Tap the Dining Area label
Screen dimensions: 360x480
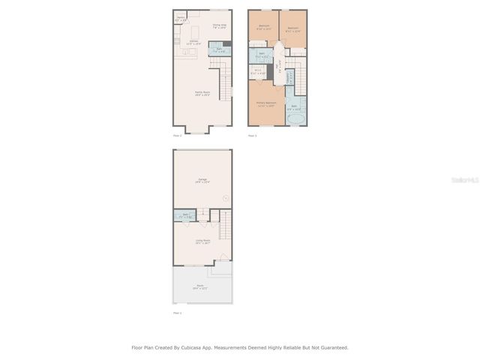(220, 26)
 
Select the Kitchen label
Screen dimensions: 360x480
(193, 43)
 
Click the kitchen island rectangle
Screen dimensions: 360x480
(195, 32)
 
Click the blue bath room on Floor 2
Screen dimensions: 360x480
(218, 51)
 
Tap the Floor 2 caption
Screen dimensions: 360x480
(177, 136)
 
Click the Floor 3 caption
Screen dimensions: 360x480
(252, 136)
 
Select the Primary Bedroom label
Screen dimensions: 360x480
(265, 104)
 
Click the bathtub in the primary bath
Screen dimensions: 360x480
(294, 118)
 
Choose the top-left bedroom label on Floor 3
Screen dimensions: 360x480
(264, 27)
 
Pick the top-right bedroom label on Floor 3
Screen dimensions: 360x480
(293, 29)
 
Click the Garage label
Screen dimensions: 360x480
(202, 180)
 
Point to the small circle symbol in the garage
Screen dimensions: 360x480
(225, 198)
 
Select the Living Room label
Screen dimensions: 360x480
(202, 241)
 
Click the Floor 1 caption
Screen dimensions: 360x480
(177, 313)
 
